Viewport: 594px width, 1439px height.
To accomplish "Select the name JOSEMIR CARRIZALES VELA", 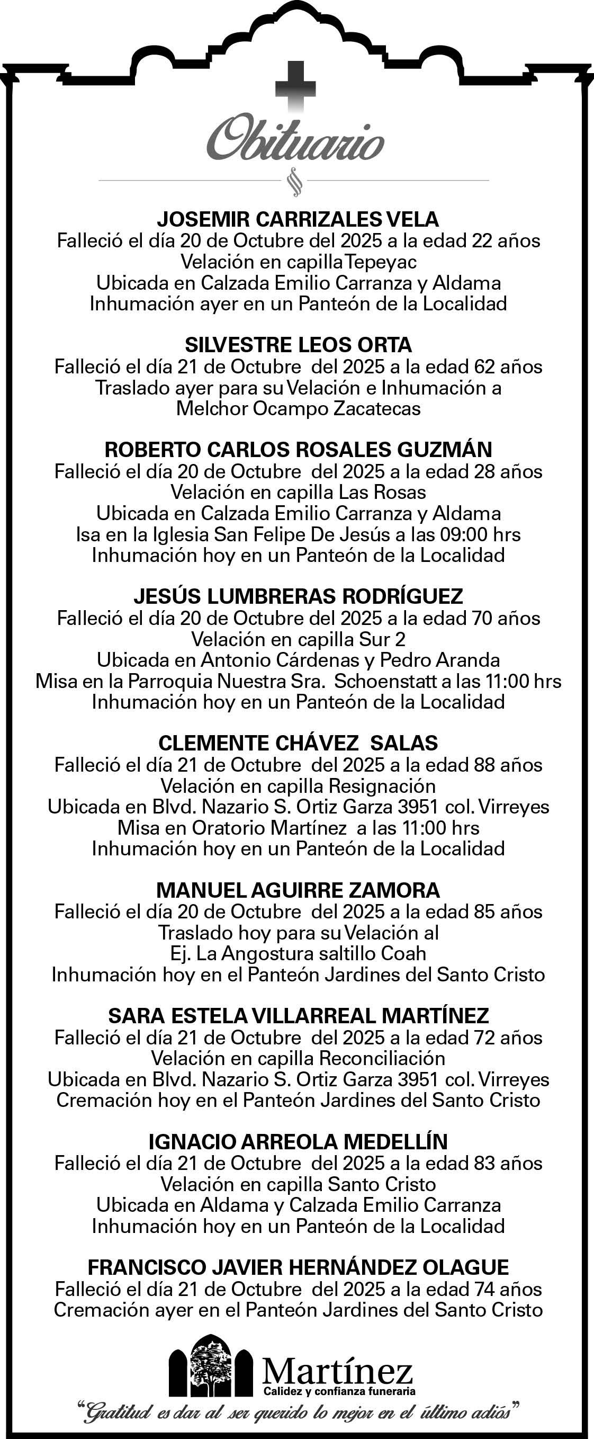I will point(298,219).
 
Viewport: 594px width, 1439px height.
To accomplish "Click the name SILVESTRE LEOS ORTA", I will point(298,345).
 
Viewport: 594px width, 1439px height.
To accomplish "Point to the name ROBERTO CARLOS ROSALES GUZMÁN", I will point(298,450).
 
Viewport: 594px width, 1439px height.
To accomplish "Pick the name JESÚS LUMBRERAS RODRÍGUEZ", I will point(298,596).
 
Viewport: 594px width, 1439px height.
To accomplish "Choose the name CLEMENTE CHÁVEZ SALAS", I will point(298,743).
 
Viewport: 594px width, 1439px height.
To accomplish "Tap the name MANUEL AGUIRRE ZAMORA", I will point(298,890).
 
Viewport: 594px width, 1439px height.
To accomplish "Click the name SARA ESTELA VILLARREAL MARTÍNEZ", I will point(298,1016).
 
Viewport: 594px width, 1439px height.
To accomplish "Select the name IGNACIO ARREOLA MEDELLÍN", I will point(298,1141).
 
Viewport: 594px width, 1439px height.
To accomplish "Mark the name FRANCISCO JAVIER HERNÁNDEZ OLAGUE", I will point(298,1267).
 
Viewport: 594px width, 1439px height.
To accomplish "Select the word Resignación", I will point(382,786).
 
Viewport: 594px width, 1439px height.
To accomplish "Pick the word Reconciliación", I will point(382,1059).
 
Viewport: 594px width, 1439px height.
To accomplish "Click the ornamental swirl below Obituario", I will point(294,182).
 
